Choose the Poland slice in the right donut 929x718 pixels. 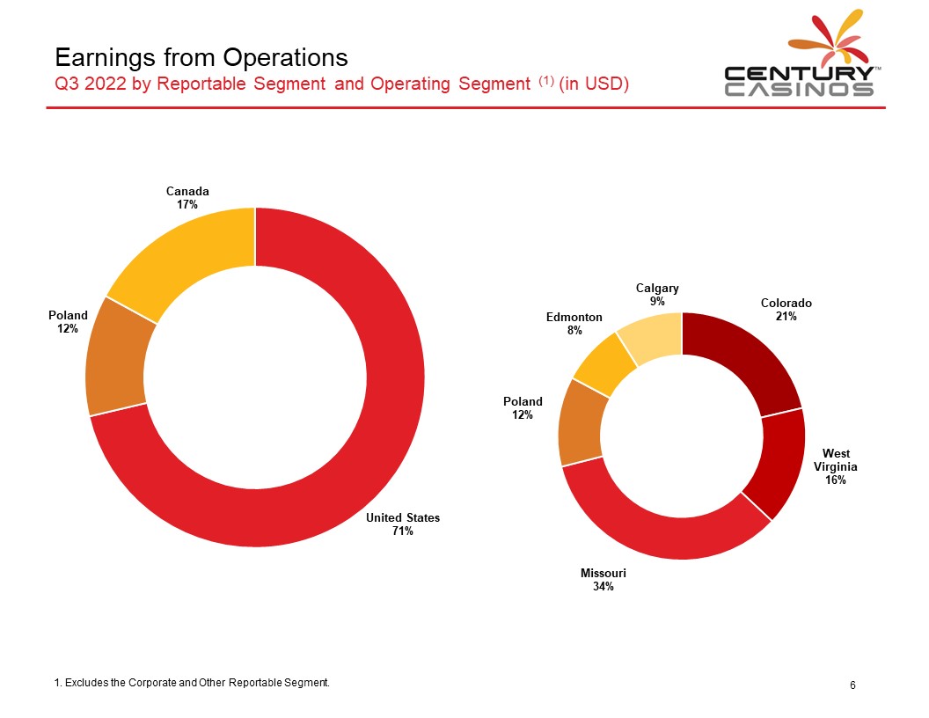click(x=580, y=424)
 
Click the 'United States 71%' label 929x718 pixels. click(x=403, y=524)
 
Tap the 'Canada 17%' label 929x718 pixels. click(x=187, y=198)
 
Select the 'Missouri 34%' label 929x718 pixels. click(x=603, y=579)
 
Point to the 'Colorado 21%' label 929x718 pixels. click(x=786, y=309)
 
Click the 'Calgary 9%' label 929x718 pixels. click(x=657, y=295)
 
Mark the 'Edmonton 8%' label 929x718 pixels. click(x=574, y=324)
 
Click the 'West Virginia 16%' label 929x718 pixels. click(x=836, y=466)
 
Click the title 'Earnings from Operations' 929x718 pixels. click(x=201, y=57)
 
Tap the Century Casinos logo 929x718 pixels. click(x=799, y=53)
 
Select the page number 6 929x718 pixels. click(x=852, y=685)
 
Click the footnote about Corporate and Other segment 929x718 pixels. click(x=192, y=683)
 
